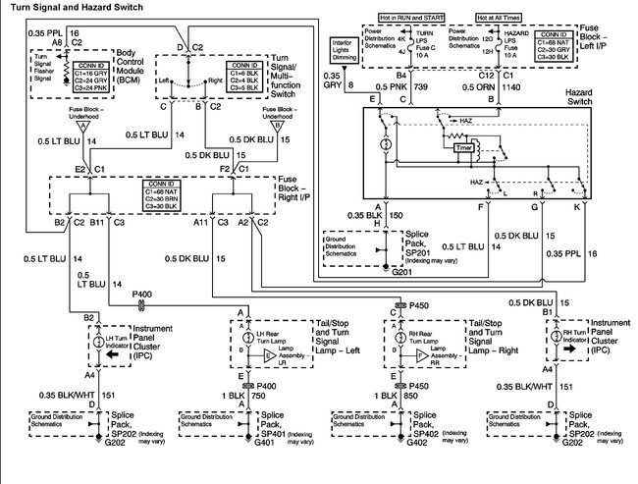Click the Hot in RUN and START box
point(413,19)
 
